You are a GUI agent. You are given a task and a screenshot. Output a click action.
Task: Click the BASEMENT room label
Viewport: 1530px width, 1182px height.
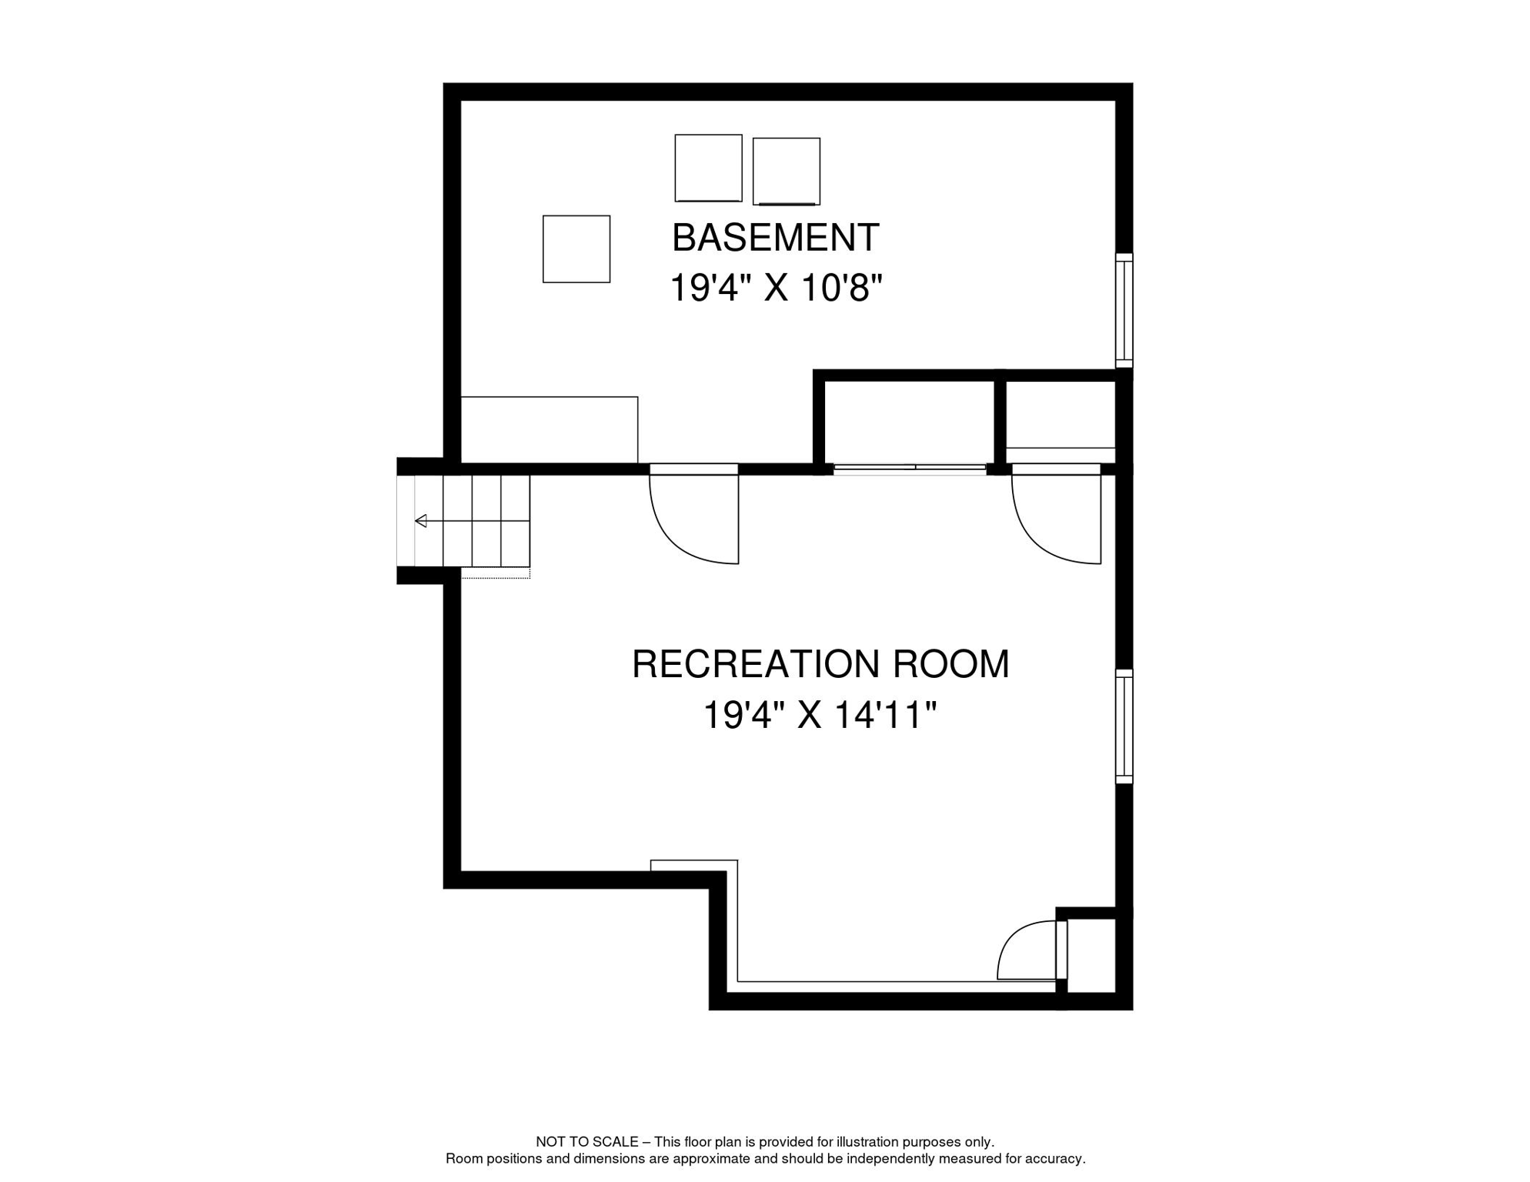[775, 238]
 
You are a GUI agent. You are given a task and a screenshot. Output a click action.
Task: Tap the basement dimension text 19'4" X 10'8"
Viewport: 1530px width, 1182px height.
[775, 289]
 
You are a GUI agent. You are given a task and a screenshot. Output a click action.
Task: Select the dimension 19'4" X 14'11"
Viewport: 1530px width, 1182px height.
[820, 715]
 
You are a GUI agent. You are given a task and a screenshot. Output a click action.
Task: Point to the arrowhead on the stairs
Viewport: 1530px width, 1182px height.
[421, 522]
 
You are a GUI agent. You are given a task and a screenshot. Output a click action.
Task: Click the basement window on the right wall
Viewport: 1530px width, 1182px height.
[1124, 311]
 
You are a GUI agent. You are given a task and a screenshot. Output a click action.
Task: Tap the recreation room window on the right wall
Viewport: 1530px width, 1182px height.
[1124, 726]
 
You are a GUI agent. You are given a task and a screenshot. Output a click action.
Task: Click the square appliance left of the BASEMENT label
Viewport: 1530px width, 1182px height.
[576, 249]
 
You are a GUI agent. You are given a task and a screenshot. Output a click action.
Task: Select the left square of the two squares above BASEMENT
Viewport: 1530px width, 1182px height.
[708, 169]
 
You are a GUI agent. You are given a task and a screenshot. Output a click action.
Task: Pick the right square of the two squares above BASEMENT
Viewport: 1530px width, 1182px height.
[786, 172]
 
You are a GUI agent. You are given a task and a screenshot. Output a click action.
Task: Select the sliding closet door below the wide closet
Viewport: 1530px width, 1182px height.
[910, 468]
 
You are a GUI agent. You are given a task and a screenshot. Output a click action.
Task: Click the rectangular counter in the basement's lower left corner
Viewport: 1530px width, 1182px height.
[549, 429]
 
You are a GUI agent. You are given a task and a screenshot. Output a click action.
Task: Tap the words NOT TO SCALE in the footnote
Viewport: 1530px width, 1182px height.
[586, 1142]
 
